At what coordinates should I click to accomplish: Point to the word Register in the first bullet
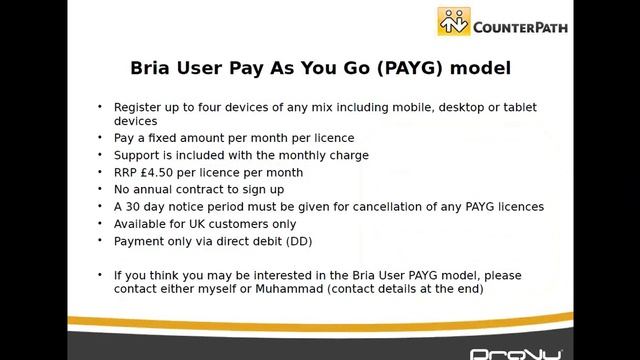click(137, 106)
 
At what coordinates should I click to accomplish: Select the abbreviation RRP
click(126, 172)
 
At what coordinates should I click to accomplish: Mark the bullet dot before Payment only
click(100, 241)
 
